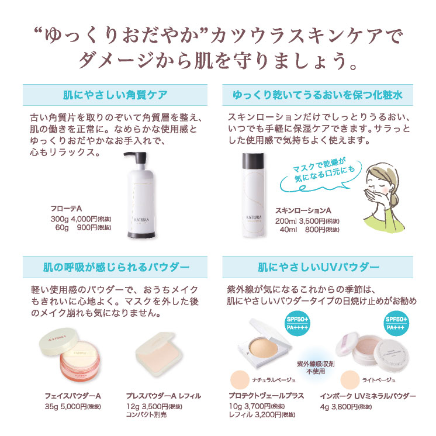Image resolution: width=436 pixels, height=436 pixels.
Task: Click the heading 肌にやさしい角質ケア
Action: (115, 95)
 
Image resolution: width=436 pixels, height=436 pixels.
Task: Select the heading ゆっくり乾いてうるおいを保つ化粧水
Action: (317, 95)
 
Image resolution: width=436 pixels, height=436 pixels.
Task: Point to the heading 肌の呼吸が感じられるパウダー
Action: (116, 267)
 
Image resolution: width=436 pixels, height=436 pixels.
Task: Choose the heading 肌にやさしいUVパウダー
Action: (319, 267)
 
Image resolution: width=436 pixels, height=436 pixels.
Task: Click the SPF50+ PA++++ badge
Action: (297, 323)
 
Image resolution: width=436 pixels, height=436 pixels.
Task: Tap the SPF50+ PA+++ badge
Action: (396, 323)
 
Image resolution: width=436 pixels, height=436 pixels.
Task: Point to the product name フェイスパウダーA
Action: (73, 396)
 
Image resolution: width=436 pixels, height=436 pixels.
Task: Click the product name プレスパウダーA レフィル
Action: (164, 396)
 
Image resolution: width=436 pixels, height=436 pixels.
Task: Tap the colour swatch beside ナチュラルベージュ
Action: (240, 380)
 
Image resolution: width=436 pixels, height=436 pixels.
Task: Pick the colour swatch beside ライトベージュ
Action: (350, 380)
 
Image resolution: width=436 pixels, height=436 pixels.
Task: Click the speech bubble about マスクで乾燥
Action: (321, 175)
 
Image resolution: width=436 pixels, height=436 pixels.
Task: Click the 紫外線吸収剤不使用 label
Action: (316, 367)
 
